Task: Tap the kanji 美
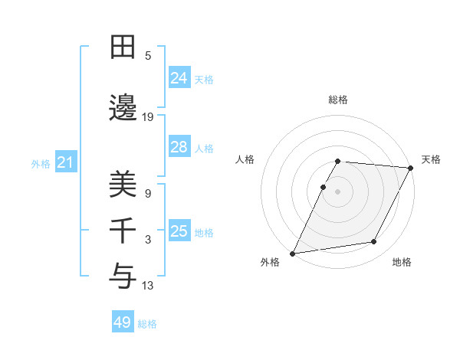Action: tap(123, 185)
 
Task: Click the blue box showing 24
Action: tap(179, 78)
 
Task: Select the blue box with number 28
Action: tap(179, 147)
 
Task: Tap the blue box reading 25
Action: tap(179, 231)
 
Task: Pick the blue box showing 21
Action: tap(65, 162)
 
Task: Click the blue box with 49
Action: tap(123, 322)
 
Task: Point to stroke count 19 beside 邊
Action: tap(148, 117)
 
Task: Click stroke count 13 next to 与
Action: tap(148, 286)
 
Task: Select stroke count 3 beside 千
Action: tap(148, 240)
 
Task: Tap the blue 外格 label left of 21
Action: tap(41, 163)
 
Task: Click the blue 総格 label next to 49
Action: tap(147, 323)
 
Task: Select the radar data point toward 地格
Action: tap(374, 242)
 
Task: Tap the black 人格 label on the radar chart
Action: tap(245, 159)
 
